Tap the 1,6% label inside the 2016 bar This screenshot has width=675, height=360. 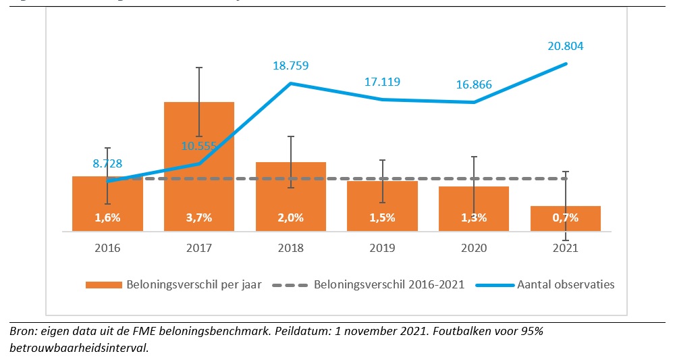107,217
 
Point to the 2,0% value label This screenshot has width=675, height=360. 291,217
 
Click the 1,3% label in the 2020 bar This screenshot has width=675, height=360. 474,217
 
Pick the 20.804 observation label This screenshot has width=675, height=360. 565,47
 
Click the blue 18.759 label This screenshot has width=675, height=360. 291,66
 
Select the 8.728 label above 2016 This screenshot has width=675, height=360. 107,163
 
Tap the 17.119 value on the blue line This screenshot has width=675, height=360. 382,82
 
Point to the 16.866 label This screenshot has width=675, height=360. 473,84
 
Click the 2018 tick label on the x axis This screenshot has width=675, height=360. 291,248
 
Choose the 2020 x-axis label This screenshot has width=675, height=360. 474,248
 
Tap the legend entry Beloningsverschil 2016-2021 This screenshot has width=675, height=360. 389,284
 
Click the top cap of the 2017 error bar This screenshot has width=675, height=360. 199,68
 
